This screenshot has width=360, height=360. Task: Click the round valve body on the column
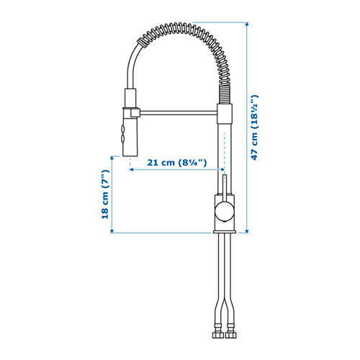[x=222, y=211]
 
